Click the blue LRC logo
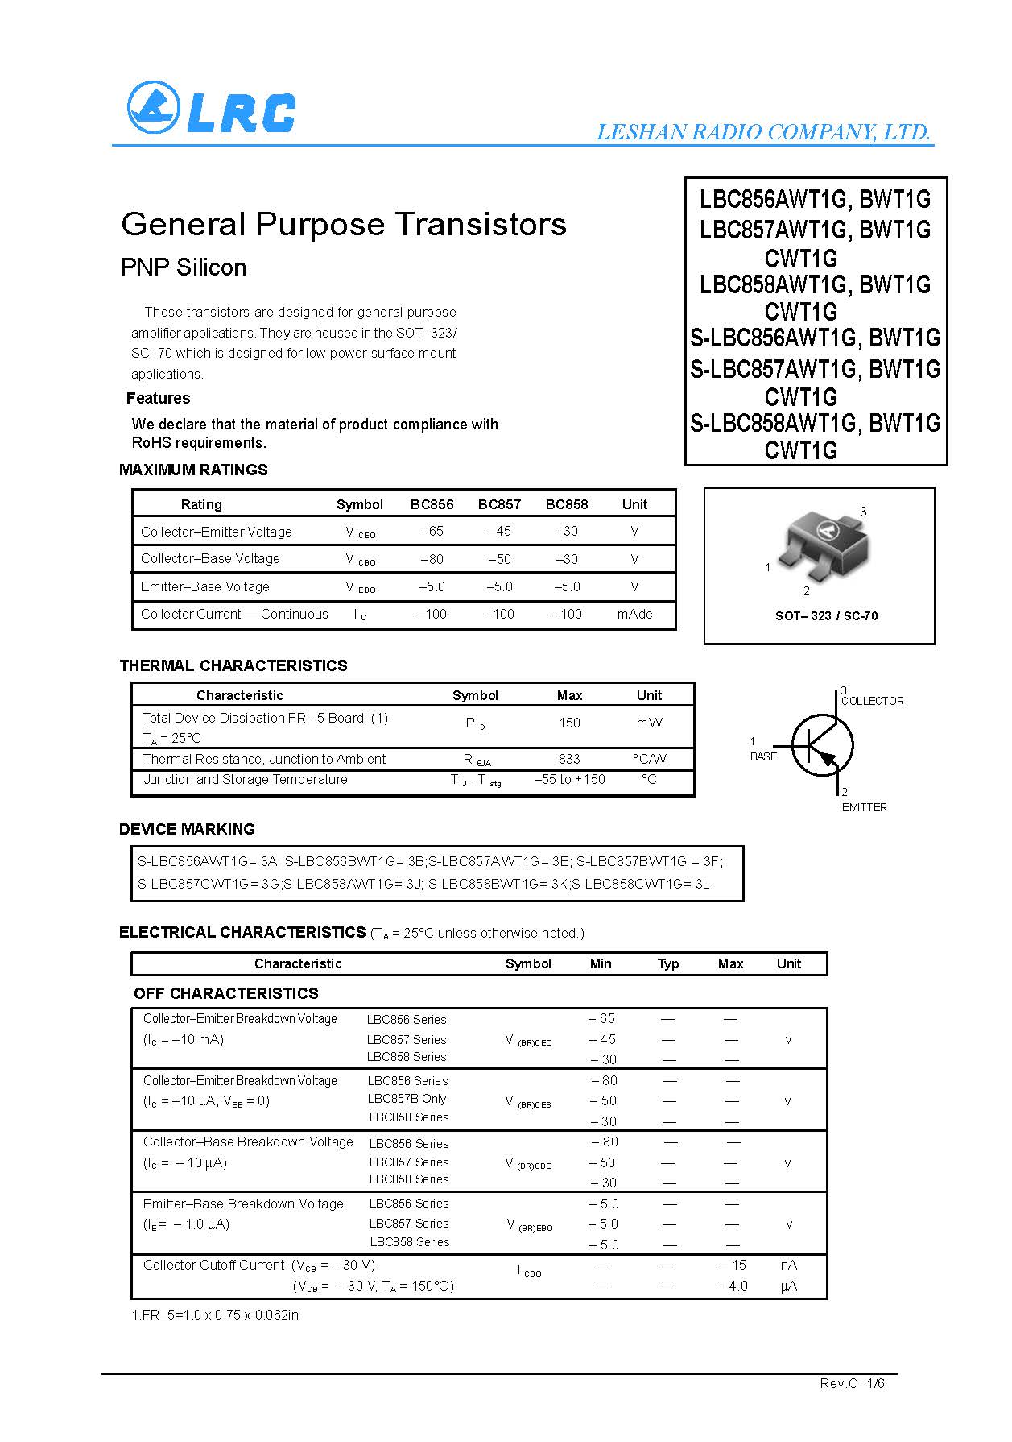click(211, 107)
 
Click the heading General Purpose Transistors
click(344, 224)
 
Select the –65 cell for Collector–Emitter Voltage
click(432, 532)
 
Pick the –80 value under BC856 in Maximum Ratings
click(432, 559)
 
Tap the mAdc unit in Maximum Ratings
click(634, 614)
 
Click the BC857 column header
click(499, 504)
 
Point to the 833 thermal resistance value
click(569, 759)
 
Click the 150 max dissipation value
click(569, 723)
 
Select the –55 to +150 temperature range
click(569, 779)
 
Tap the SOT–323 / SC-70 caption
click(826, 616)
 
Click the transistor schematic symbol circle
click(822, 746)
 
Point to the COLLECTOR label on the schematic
click(872, 701)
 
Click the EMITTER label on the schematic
click(864, 807)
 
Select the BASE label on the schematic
click(763, 756)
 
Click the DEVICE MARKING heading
click(187, 829)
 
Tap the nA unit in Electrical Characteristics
click(788, 1265)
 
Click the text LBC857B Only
click(407, 1099)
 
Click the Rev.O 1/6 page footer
click(852, 1383)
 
